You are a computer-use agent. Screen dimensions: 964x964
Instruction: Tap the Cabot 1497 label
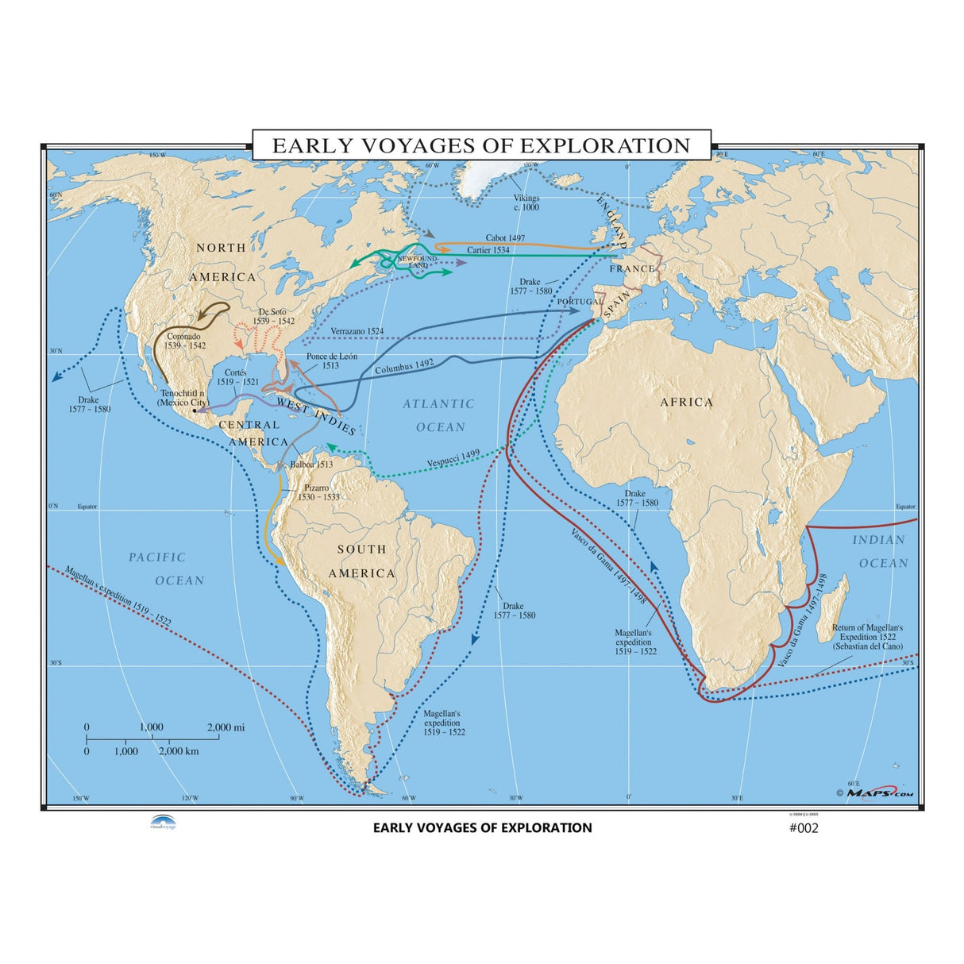tap(506, 237)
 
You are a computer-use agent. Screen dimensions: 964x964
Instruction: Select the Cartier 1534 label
tap(488, 250)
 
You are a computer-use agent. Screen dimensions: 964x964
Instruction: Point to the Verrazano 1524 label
tap(357, 330)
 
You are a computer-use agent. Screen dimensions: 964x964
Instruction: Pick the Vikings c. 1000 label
tap(526, 202)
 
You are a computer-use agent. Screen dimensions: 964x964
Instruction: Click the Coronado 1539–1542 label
tap(184, 341)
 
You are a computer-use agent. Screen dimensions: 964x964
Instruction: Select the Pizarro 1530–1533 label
tap(318, 492)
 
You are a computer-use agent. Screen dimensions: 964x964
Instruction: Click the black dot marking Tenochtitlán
tap(195, 411)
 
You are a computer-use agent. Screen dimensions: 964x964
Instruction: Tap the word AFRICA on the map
tap(687, 403)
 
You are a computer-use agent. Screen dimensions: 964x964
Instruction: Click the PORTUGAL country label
tap(580, 303)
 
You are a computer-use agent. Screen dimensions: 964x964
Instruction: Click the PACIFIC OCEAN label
tap(167, 569)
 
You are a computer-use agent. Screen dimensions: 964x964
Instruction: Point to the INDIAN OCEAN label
tap(881, 551)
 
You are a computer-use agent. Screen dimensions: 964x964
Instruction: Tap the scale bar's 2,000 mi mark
tap(226, 727)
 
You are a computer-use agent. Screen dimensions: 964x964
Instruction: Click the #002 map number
tap(803, 828)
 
